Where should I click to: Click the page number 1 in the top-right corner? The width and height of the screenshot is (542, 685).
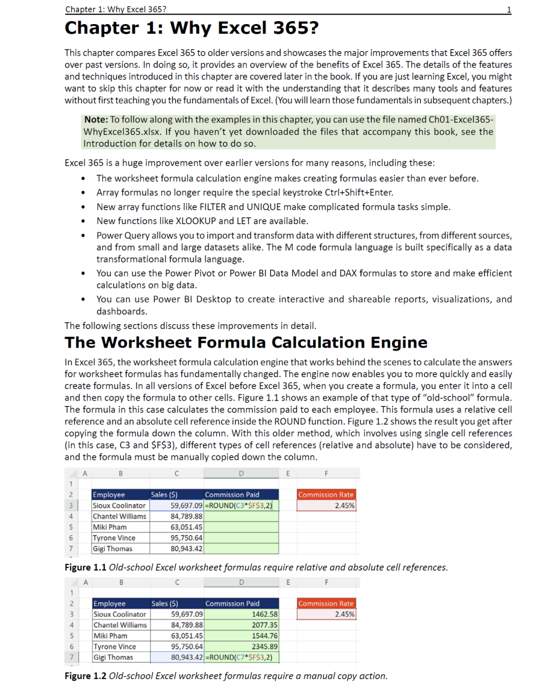509,10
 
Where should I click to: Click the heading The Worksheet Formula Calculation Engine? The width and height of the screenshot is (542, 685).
246,343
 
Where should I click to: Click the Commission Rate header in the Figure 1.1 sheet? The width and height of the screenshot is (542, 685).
326,495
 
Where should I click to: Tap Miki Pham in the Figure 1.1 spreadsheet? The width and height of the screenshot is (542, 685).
110,527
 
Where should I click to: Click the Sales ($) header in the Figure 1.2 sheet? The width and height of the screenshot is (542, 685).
164,604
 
